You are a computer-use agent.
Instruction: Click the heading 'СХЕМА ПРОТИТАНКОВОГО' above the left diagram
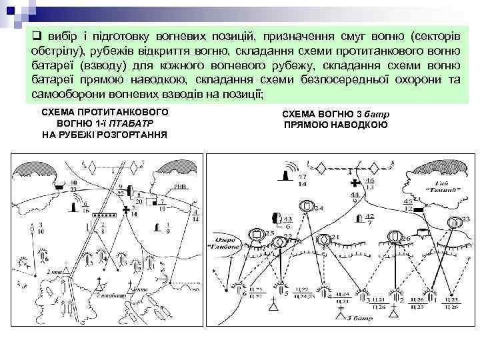tap(105, 113)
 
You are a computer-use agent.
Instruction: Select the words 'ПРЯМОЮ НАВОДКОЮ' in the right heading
tap(336, 125)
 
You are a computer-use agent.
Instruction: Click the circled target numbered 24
tap(306, 207)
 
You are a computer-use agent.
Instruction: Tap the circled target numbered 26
tap(393, 235)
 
